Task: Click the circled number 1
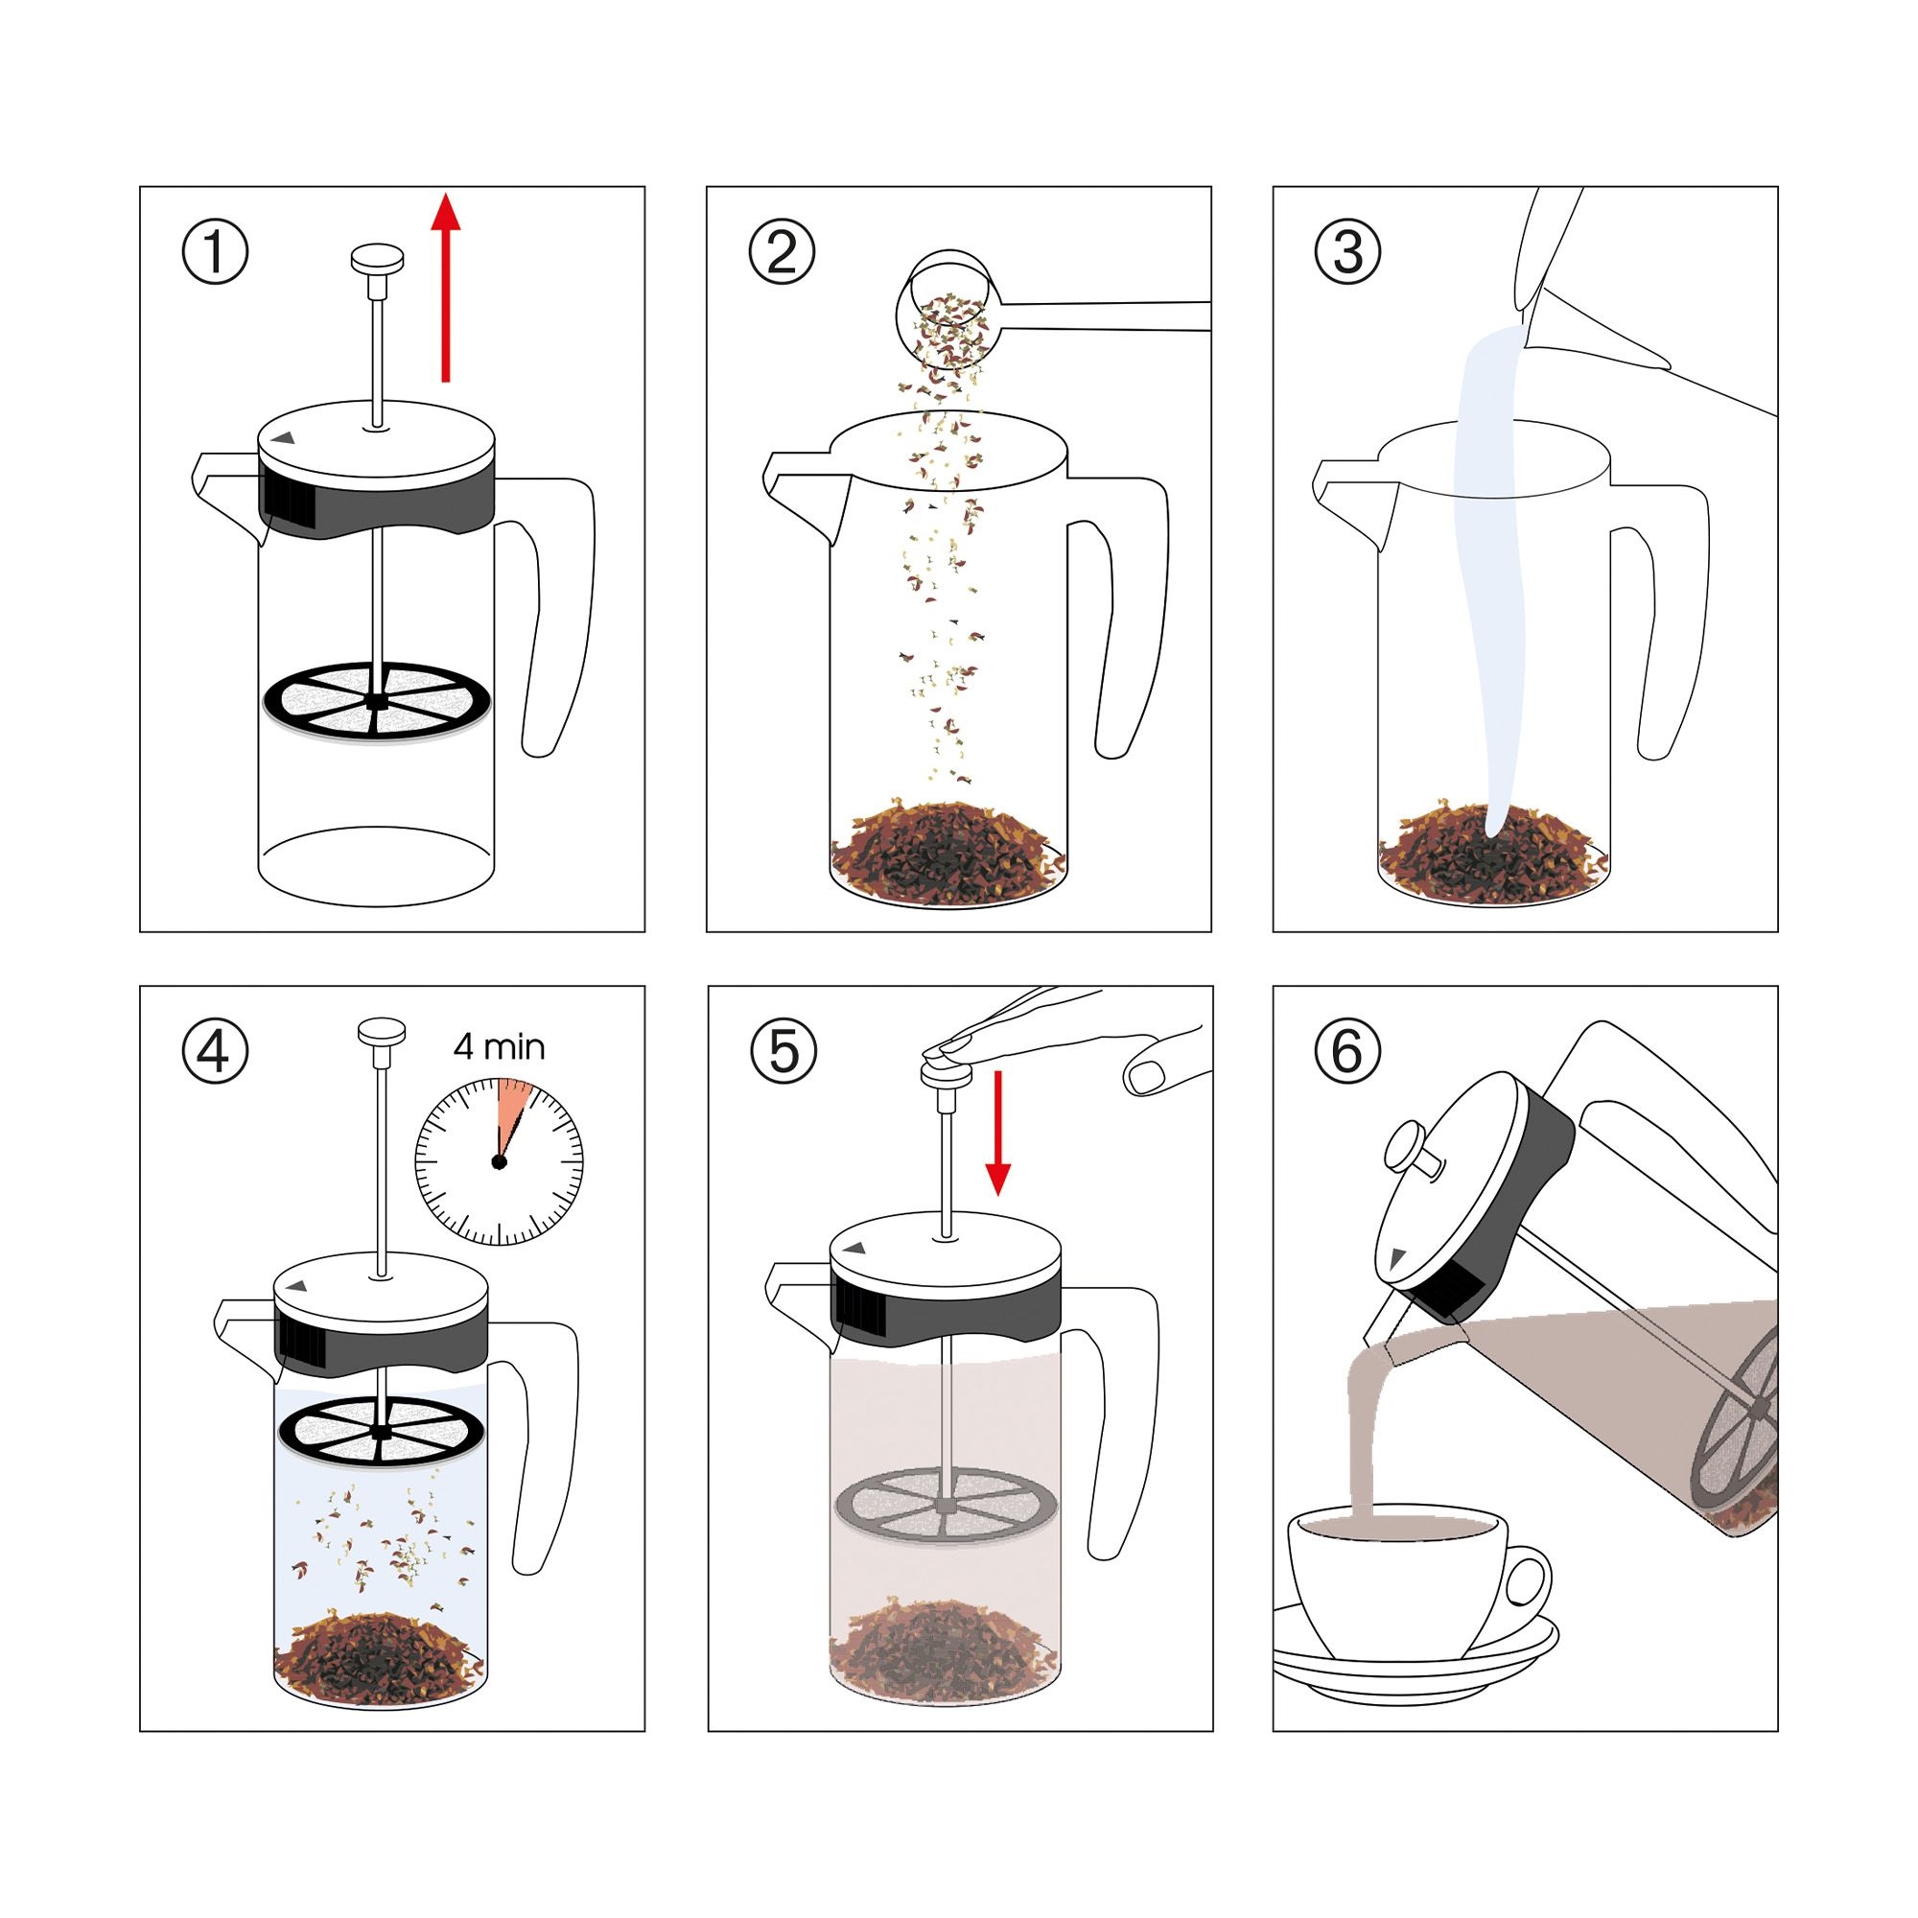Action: pos(215,252)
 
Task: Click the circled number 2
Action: pos(782,252)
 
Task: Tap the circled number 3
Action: pos(1347,252)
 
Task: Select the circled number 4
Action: pos(215,1051)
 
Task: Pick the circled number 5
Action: pos(783,1051)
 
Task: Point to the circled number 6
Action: pos(1347,1051)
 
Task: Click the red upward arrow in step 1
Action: pos(446,288)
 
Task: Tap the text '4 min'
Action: pos(499,1046)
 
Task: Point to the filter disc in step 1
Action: pos(376,701)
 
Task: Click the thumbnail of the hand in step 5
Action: pos(1148,1075)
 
